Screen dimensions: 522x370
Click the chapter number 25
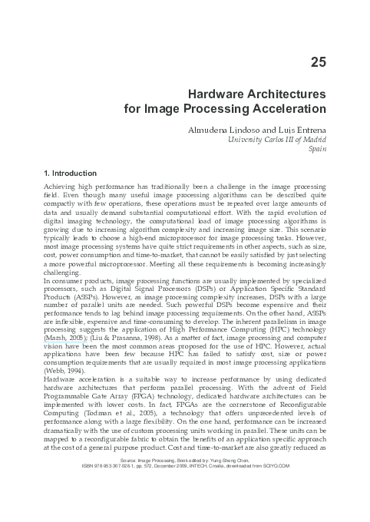pyautogui.click(x=319, y=61)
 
